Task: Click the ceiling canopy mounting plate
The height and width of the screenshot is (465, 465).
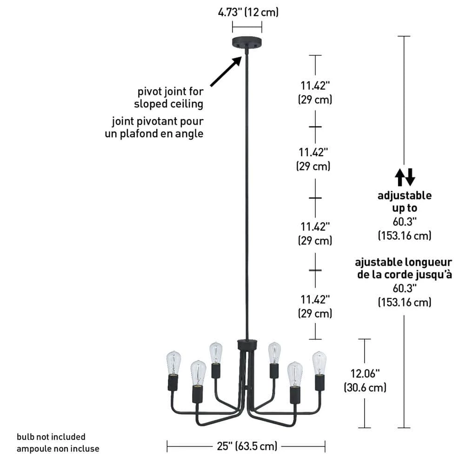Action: (246, 42)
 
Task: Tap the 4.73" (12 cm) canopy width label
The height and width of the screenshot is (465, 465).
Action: (248, 12)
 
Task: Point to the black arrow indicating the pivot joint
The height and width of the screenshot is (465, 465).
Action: (226, 71)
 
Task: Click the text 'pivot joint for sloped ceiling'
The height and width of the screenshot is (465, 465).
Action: (170, 97)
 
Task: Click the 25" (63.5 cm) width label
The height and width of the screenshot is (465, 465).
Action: (247, 446)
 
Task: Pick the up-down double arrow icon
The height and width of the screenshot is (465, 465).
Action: (405, 177)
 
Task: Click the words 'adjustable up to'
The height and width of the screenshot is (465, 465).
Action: (404, 201)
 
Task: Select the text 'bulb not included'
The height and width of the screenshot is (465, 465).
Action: (51, 437)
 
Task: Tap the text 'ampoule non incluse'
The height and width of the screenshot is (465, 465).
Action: (58, 449)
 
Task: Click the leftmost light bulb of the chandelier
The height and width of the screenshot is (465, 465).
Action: (173, 363)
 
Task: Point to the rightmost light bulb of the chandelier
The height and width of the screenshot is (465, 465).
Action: (319, 363)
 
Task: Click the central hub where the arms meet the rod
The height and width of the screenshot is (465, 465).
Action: (246, 345)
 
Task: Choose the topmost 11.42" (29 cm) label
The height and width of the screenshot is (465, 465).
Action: (315, 92)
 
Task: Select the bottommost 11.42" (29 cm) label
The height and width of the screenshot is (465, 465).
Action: (315, 306)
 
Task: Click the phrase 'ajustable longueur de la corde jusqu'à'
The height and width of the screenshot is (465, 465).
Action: (404, 268)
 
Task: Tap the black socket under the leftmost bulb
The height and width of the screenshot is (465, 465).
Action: (173, 382)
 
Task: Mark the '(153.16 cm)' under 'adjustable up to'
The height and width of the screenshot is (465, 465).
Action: (404, 236)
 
